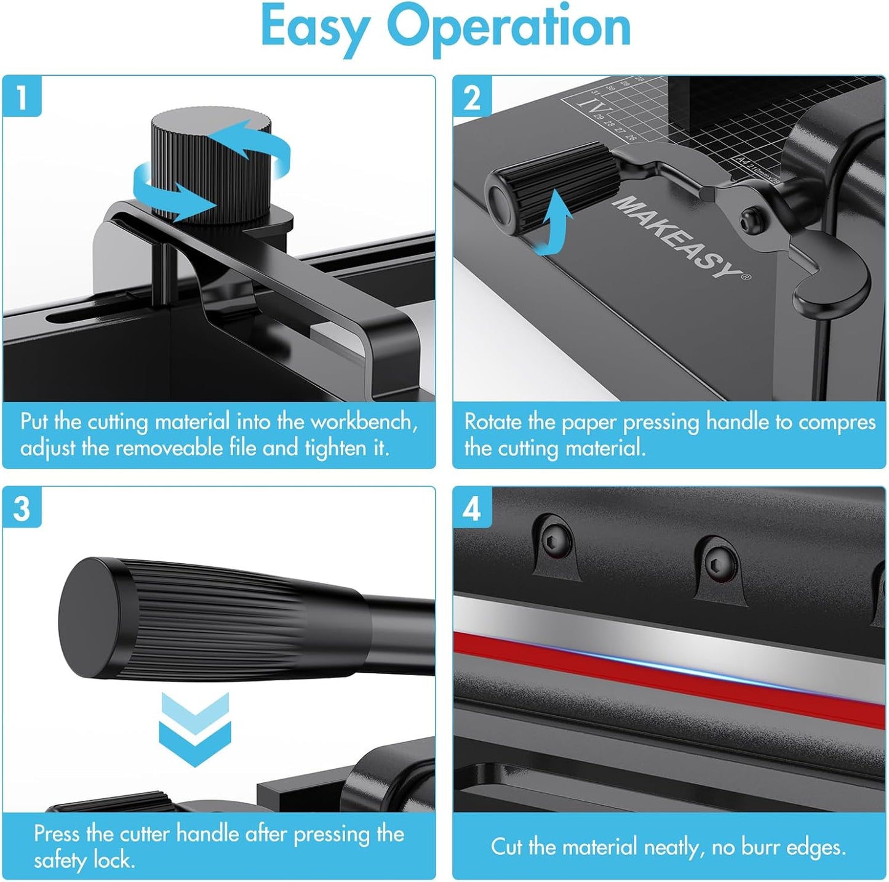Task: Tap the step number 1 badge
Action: tap(22, 97)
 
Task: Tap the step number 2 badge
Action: tap(472, 97)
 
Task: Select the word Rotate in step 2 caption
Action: tap(493, 422)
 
